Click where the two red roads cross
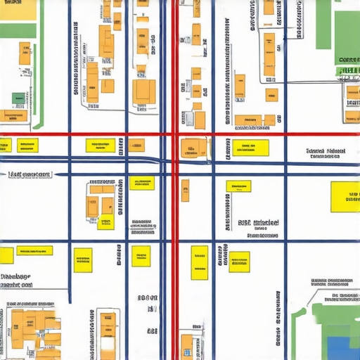coord(174,134)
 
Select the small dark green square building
coord(18,98)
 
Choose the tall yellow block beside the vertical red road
coord(200,262)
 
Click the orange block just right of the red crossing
coord(194,148)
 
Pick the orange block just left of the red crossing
coord(136,146)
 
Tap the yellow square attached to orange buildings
coord(106,223)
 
